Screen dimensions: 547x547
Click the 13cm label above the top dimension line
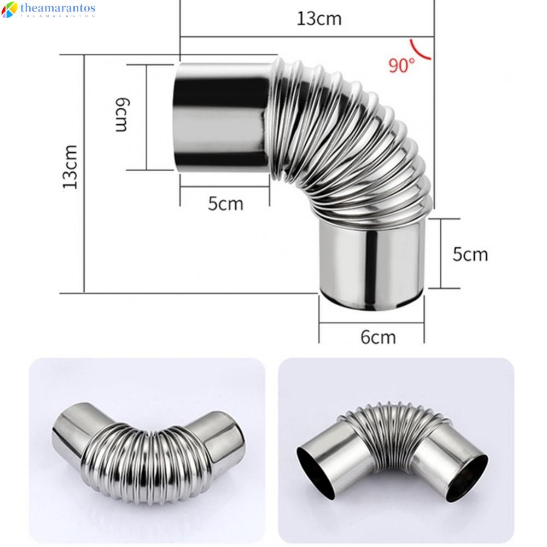(319, 19)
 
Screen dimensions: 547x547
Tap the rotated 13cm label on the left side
(71, 166)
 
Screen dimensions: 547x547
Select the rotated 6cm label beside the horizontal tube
(121, 115)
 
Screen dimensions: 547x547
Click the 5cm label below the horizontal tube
(225, 204)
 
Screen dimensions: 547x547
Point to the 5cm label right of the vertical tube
(470, 254)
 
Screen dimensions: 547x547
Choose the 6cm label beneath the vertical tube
(377, 337)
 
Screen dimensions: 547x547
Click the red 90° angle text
(401, 66)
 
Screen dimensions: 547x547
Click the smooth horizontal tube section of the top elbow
(222, 115)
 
